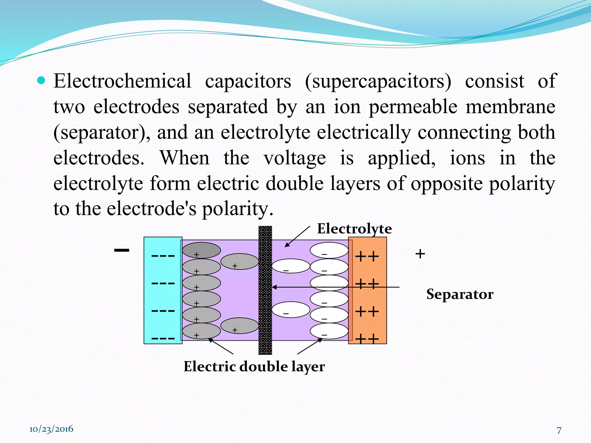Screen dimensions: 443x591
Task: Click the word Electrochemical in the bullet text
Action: click(122, 81)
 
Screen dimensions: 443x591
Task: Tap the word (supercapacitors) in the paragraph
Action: click(378, 82)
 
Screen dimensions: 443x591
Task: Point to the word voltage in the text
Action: click(295, 158)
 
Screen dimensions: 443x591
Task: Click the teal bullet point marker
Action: click(42, 80)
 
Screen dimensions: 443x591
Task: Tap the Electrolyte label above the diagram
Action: click(354, 229)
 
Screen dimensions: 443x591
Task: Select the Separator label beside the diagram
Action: click(460, 294)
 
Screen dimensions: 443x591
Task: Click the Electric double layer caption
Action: click(254, 367)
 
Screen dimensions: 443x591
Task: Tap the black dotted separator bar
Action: click(265, 317)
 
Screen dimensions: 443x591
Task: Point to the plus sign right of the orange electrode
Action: click(420, 254)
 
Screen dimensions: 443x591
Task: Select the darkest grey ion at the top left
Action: click(201, 250)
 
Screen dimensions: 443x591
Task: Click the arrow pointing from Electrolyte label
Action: click(297, 236)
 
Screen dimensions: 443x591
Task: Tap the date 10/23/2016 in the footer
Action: click(51, 429)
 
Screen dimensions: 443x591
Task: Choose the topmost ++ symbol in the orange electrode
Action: click(367, 256)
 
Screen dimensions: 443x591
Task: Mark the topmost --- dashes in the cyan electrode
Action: click(163, 256)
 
